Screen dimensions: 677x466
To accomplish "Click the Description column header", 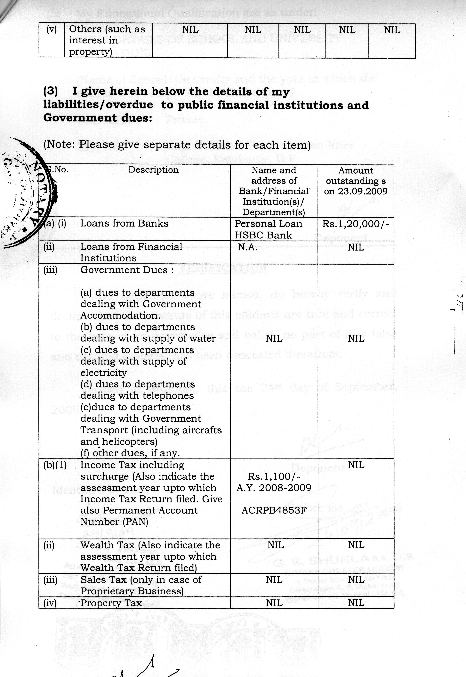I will (153, 170).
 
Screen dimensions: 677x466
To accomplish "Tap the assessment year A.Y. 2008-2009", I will (274, 488).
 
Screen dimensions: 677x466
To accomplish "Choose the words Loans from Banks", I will (124, 224).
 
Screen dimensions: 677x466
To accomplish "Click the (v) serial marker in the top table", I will (51, 29).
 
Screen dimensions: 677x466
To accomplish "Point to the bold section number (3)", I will (51, 91).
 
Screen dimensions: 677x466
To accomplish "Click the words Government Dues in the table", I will (124, 270).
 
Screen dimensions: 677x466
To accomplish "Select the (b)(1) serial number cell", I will (55, 465).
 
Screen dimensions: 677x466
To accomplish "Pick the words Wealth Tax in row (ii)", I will (107, 545).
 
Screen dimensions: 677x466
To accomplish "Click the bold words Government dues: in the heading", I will (98, 118).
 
